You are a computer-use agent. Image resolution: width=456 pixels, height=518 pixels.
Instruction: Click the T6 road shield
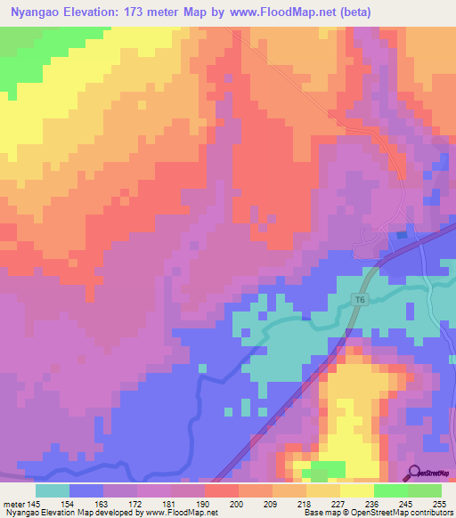pos(359,300)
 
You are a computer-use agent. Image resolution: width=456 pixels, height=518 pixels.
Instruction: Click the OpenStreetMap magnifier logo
pos(413,473)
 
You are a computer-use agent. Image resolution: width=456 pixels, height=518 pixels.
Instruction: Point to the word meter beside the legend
pos(13,503)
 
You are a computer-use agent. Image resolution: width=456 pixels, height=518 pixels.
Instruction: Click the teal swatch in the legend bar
pos(53,490)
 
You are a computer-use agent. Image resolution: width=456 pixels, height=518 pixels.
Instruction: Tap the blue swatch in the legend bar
pos(86,490)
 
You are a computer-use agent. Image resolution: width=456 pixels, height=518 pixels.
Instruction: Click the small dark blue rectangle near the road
pos(402,235)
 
